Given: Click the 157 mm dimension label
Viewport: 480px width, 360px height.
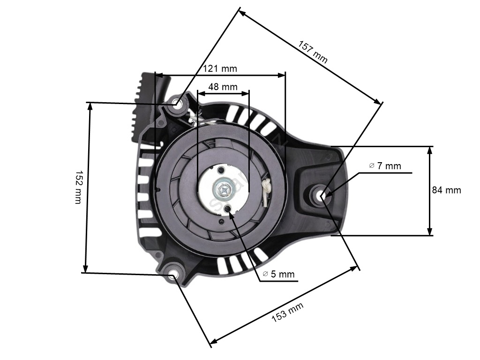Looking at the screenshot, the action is pyautogui.click(x=313, y=52).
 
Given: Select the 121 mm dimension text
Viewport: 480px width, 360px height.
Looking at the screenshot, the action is pyautogui.click(x=220, y=68).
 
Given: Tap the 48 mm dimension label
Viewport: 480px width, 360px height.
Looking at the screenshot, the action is pyautogui.click(x=223, y=87).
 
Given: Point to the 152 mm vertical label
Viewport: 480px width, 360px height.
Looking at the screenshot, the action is pyautogui.click(x=79, y=187).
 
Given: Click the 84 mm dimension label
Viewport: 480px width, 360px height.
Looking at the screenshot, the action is pyautogui.click(x=446, y=190).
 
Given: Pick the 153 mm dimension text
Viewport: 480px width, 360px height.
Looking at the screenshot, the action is pyautogui.click(x=287, y=312).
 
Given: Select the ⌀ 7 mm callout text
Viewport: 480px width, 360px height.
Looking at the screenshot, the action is pyautogui.click(x=385, y=166).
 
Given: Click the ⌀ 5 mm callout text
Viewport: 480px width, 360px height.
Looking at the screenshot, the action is pyautogui.click(x=279, y=274).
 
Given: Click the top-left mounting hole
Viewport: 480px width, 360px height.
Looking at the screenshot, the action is pyautogui.click(x=177, y=103).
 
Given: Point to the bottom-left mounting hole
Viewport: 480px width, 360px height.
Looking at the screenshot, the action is pyautogui.click(x=172, y=274).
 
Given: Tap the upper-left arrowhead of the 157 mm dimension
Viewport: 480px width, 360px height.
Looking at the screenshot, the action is pyautogui.click(x=242, y=13).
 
